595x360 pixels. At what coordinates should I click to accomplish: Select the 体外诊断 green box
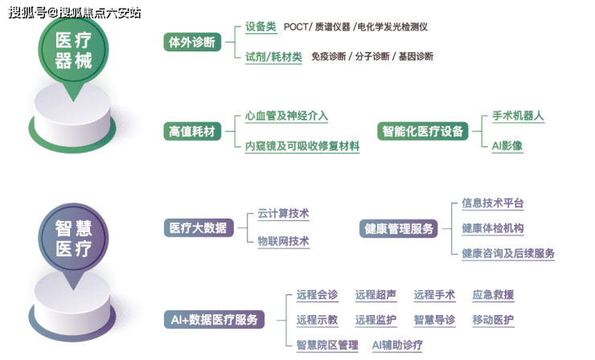tap(192, 43)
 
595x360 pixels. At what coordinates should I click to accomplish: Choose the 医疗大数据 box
tap(198, 228)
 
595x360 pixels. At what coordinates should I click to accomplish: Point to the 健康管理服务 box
tap(398, 229)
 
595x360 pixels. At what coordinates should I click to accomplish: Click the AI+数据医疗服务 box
tap(214, 320)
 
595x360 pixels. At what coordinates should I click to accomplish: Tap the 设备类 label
tap(261, 27)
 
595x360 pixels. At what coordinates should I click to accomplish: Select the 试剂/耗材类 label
tap(273, 56)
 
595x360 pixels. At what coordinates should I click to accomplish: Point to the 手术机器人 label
tap(518, 116)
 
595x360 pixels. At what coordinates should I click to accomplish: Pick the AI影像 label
tap(507, 145)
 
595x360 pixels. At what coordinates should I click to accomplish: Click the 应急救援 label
tap(493, 295)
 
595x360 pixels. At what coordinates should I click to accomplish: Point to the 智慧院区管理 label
tap(326, 346)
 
